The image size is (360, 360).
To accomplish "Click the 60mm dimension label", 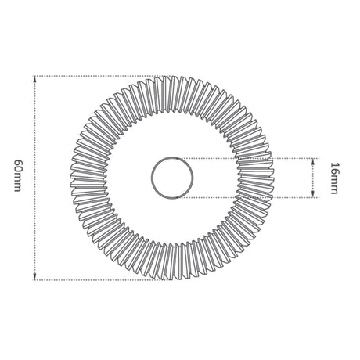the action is point(17,175).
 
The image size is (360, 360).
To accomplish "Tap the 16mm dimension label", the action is point(334,178).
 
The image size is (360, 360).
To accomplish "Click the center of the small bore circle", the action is point(172,178).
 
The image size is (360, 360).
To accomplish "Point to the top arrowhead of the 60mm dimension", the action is point(34,79).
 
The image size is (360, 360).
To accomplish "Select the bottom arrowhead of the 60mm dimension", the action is point(34,277).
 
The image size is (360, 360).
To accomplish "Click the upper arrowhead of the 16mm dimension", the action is point(313,161).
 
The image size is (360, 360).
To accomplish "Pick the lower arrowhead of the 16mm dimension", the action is point(313,194).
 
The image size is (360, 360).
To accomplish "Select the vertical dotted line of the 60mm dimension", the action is point(34,178).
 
